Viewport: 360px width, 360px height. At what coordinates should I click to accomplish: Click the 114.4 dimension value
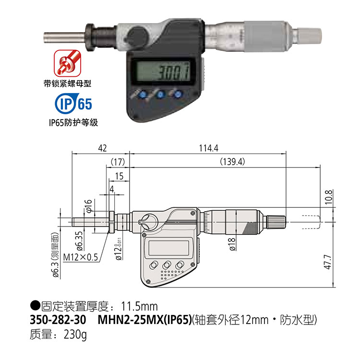(208, 148)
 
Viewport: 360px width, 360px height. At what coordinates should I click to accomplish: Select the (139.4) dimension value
(232, 162)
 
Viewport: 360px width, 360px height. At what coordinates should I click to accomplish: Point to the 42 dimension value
(102, 148)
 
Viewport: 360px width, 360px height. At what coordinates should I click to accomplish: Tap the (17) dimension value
(118, 162)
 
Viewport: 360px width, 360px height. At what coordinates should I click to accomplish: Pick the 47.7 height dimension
(328, 262)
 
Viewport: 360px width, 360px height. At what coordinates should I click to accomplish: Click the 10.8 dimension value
(329, 197)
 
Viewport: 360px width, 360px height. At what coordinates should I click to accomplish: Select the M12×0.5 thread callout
(81, 257)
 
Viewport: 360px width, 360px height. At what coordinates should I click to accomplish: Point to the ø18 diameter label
(232, 244)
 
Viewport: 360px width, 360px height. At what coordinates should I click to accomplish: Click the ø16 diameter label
(88, 206)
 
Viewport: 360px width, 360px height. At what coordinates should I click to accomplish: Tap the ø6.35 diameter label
(79, 240)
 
